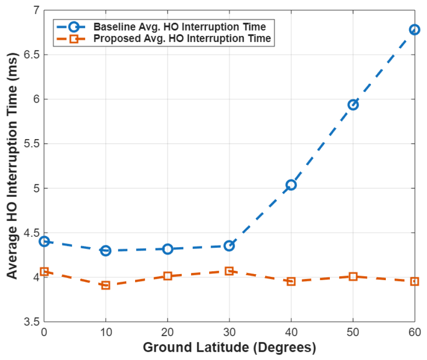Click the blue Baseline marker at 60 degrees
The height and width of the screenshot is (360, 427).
point(415,30)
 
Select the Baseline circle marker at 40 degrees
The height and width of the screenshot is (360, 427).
point(291,185)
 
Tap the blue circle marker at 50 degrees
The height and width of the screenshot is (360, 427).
point(353,104)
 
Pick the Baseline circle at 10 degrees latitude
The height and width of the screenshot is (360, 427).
point(105,250)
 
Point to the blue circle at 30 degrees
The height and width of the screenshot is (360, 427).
point(229,246)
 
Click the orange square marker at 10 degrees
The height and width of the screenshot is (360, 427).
point(105,285)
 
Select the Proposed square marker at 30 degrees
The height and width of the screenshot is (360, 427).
point(229,271)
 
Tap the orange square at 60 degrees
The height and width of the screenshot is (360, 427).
point(415,281)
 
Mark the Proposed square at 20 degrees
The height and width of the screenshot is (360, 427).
point(167,276)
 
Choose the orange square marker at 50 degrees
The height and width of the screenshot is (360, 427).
point(353,276)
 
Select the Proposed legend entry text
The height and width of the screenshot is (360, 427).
point(182,39)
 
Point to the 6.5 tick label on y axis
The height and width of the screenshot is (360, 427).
point(31,55)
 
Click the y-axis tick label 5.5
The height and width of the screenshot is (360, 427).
point(31,144)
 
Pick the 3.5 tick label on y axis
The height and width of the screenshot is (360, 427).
point(31,322)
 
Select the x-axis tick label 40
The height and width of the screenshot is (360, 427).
point(291,333)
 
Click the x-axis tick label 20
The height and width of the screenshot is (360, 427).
point(167,333)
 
